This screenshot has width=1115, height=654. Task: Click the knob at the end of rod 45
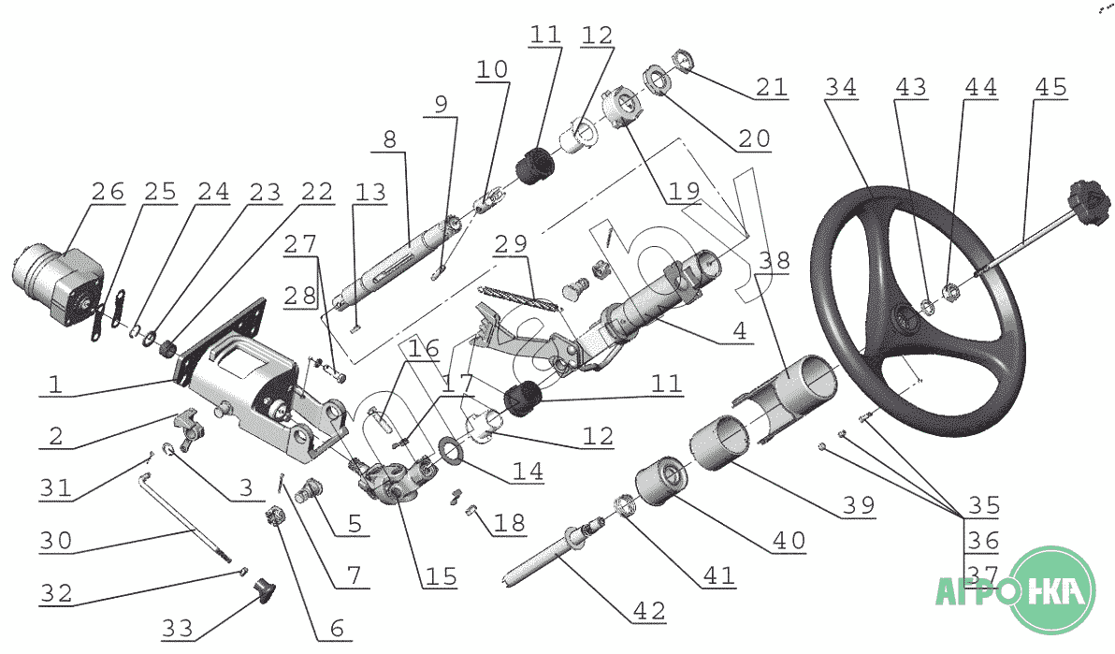point(1088,199)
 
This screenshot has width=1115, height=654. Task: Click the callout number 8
point(389,139)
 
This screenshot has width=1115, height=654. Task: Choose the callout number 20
point(753,138)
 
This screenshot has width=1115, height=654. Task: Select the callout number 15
point(440,576)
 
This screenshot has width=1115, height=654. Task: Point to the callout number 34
point(841,87)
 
